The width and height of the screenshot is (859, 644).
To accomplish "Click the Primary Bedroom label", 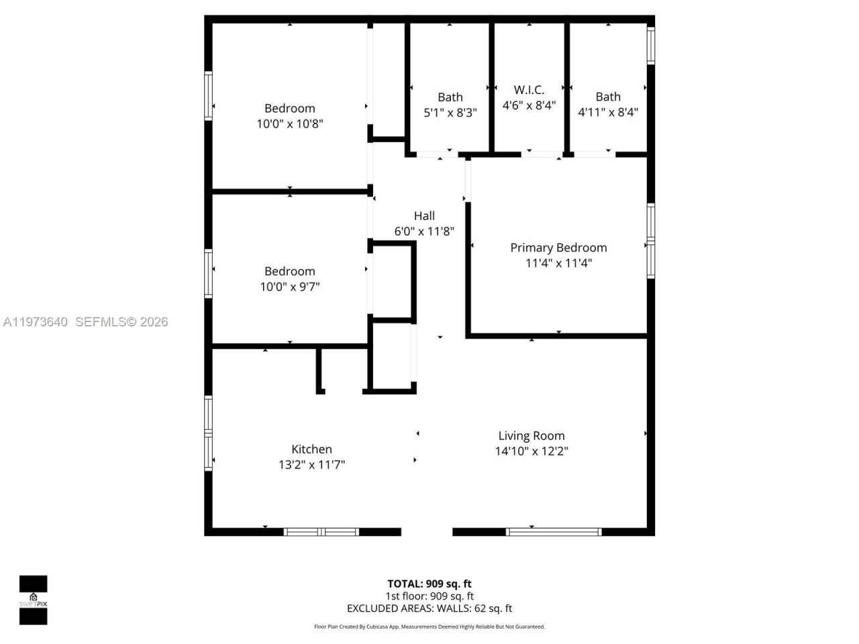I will pyautogui.click(x=558, y=248).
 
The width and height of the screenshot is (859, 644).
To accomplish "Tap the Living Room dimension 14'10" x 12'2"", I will pyautogui.click(x=532, y=451).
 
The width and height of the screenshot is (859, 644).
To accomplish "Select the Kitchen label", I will pyautogui.click(x=311, y=449).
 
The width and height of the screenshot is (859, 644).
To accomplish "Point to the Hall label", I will pyautogui.click(x=424, y=216).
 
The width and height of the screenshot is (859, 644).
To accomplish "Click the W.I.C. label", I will pyautogui.click(x=529, y=90).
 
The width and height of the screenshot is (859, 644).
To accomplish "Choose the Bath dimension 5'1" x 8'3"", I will pyautogui.click(x=450, y=113).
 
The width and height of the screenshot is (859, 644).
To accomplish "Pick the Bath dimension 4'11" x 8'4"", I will pyautogui.click(x=608, y=113).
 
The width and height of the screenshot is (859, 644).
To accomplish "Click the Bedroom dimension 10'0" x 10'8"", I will pyautogui.click(x=290, y=124).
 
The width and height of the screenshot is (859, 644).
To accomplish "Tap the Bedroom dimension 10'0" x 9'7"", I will pyautogui.click(x=290, y=287).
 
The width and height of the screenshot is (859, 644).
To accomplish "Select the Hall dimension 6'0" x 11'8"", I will pyautogui.click(x=424, y=231).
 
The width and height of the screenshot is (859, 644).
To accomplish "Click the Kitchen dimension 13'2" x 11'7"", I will pyautogui.click(x=311, y=465).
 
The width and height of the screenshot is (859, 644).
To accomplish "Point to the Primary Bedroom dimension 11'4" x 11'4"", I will pyautogui.click(x=558, y=263).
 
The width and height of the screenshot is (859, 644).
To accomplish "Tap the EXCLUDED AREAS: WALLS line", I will pyautogui.click(x=429, y=608).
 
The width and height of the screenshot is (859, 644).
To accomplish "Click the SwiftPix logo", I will pyautogui.click(x=33, y=600).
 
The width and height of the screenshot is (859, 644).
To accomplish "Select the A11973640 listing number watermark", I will pyautogui.click(x=35, y=322).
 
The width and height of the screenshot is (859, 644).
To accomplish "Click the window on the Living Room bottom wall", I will pyautogui.click(x=553, y=532).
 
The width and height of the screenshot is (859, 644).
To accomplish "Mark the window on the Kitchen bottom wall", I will pyautogui.click(x=321, y=532).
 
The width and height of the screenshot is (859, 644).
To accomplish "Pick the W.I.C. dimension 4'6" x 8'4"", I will pyautogui.click(x=529, y=105).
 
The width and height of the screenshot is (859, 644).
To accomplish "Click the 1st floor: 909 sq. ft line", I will pyautogui.click(x=429, y=596).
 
